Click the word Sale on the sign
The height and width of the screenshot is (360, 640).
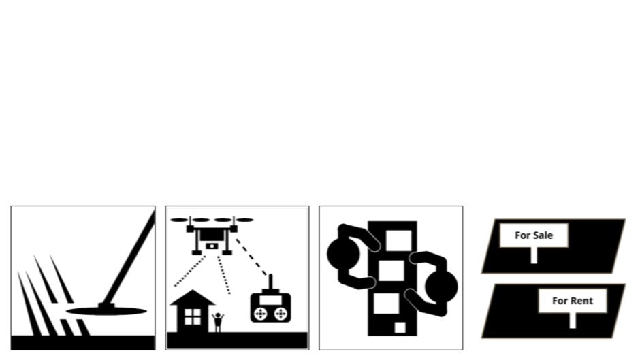(543, 235)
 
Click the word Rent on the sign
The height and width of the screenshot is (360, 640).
(581, 300)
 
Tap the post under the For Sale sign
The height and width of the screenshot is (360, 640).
(534, 255)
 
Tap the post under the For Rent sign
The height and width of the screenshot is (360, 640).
(573, 320)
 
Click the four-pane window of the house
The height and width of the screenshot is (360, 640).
(193, 316)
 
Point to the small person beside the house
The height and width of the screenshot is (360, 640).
(218, 321)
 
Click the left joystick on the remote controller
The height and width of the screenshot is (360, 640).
(260, 314)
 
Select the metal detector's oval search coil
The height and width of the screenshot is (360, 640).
(107, 311)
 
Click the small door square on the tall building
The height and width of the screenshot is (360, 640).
(400, 327)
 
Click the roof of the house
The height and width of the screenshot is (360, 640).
(193, 297)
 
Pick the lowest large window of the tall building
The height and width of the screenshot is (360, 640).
(386, 303)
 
